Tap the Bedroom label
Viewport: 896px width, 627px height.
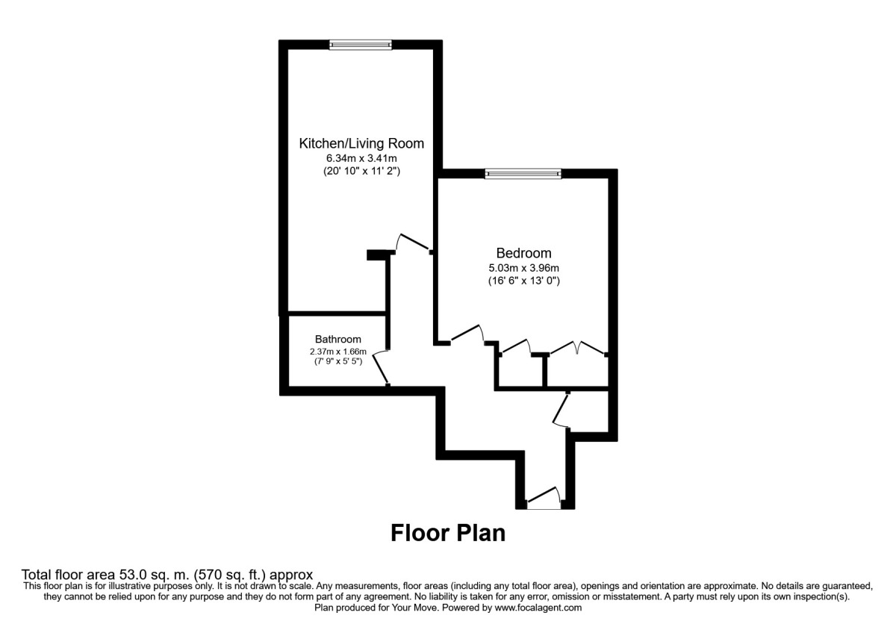523,253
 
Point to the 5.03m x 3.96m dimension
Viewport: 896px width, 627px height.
523,267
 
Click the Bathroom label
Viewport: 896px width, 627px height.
337,339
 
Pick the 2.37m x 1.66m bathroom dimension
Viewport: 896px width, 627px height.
337,352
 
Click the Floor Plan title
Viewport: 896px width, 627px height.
448,533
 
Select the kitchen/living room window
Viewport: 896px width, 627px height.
361,45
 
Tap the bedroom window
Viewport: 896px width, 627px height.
523,174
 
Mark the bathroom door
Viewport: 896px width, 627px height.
380,367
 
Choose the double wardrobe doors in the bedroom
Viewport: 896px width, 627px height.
577,347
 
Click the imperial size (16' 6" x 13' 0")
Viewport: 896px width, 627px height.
523,281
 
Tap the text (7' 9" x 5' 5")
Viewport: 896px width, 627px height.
337,362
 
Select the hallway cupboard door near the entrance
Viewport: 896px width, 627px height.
560,409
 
